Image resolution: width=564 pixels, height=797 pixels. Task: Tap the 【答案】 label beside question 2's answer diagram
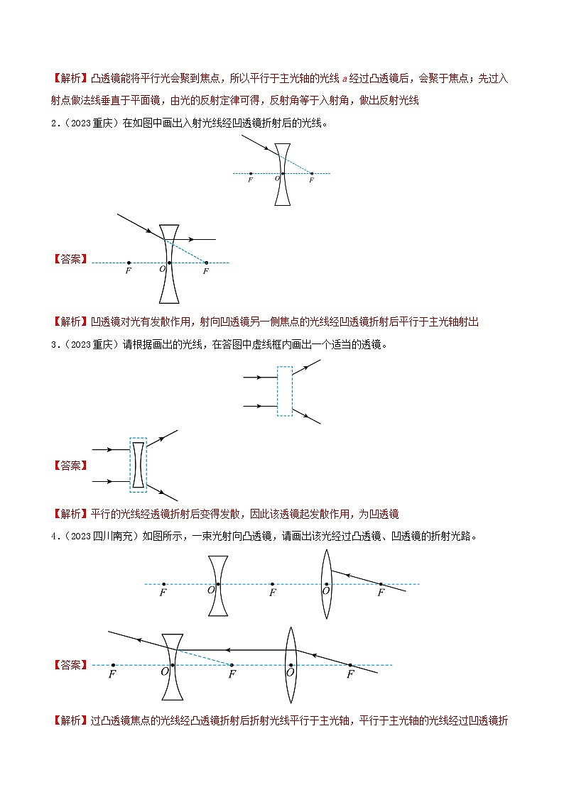[x=70, y=260]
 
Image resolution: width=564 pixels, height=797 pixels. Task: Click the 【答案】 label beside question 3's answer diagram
[x=70, y=466]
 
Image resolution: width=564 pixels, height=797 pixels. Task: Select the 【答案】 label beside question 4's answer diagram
[x=70, y=665]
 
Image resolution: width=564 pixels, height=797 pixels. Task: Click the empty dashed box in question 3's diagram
[x=284, y=390]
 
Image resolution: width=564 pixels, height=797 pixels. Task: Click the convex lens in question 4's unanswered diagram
[x=326, y=583]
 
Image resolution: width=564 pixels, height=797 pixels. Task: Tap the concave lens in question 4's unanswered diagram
[x=219, y=585]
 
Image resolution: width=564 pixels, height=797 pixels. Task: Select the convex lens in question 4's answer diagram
[x=291, y=664]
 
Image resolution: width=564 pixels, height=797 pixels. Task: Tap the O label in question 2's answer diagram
[x=162, y=269]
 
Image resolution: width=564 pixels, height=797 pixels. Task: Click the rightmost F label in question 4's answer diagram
[x=350, y=674]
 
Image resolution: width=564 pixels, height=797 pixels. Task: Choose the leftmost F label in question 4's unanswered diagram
[x=163, y=593]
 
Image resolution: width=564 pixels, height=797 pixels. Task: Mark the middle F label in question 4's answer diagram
[x=232, y=674]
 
